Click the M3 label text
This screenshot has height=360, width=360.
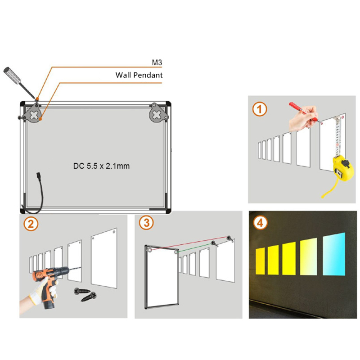157,63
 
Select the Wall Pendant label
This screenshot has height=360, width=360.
139,75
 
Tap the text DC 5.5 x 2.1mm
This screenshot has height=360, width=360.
101,166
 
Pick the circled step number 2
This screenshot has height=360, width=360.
30,224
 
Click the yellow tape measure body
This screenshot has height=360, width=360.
342,168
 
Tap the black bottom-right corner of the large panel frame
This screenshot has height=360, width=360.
168,210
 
